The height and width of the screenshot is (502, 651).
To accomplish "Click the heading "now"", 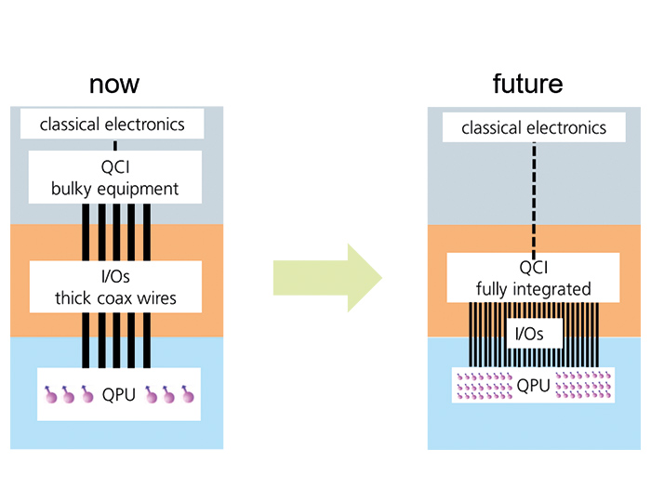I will point(114,84).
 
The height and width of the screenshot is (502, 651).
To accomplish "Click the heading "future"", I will point(527,84).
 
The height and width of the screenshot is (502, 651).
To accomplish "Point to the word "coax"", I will point(132,298).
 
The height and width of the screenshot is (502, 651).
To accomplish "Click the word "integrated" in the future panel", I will point(548,289).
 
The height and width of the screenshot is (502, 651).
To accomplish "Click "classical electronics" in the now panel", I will point(113,124).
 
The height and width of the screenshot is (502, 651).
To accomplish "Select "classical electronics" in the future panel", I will point(534,127).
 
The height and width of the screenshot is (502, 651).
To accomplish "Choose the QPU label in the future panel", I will point(533,384).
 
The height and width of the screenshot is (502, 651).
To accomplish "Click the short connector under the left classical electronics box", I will point(114,145).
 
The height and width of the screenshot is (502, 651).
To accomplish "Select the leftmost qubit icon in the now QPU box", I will point(53,396).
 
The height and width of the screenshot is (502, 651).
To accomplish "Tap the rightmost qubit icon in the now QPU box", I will point(188,396).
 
